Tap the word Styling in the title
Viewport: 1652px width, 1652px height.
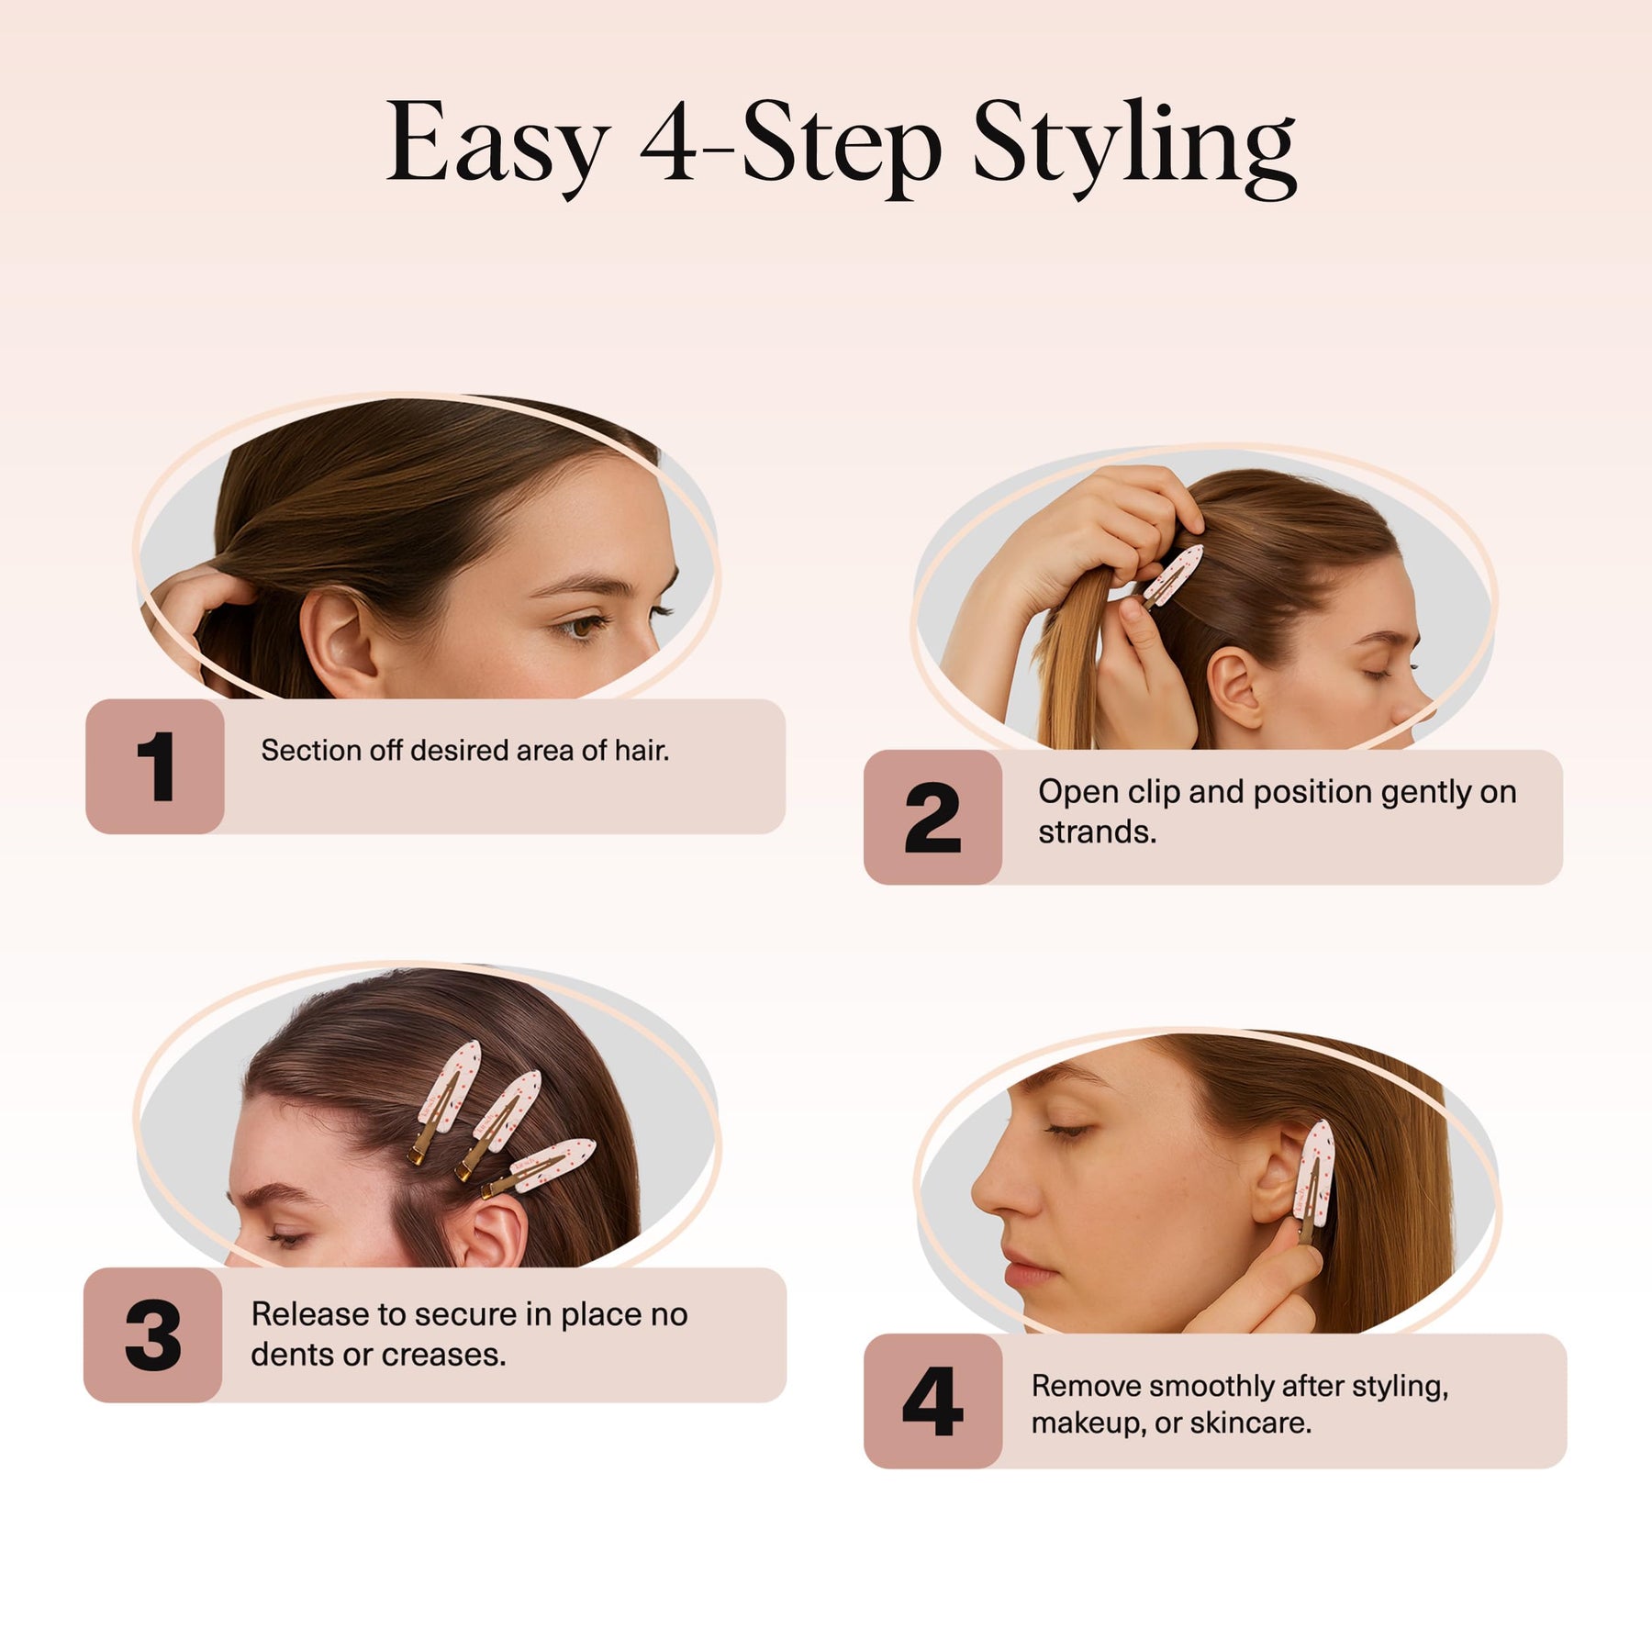[x=1134, y=147]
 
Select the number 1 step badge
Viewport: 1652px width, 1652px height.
[x=155, y=766]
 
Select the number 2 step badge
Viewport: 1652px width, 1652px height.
[x=932, y=817]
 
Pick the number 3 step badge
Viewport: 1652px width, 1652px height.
[x=153, y=1334]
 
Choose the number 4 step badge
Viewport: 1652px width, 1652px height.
[x=932, y=1401]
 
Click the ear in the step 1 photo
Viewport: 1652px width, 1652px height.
[x=338, y=642]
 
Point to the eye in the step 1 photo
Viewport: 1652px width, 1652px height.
[x=580, y=627]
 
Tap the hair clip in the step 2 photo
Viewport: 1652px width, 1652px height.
[x=1170, y=576]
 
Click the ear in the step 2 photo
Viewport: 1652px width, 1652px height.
[x=1234, y=688]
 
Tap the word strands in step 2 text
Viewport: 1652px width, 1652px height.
[x=1098, y=832]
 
